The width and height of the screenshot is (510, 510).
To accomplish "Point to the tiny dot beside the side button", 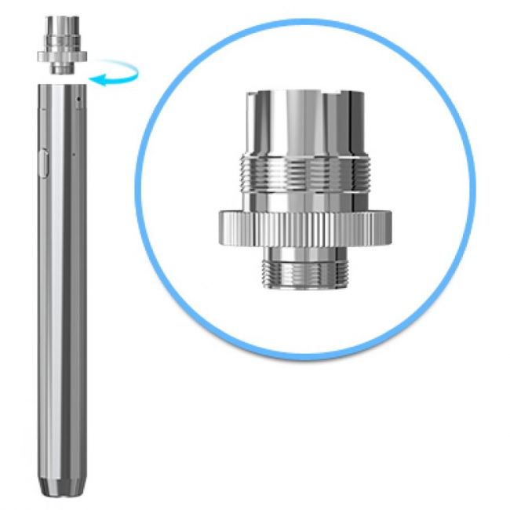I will tap(72, 154).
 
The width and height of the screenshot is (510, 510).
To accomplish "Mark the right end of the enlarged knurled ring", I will tap(390, 230).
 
